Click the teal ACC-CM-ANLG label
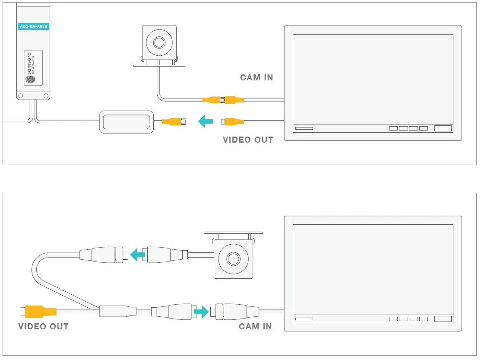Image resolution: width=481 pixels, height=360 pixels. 34,26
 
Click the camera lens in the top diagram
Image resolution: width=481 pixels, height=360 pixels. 159,42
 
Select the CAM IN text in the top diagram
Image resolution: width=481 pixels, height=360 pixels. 256,78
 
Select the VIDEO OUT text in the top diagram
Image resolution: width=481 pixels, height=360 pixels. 248,140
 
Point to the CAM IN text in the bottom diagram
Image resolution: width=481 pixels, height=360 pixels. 255,326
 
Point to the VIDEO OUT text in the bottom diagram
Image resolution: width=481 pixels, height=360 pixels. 44,326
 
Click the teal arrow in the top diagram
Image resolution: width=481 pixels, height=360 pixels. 206,121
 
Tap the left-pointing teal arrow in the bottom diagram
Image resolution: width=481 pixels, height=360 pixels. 138,254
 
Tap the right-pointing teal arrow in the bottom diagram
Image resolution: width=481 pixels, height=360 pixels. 201,311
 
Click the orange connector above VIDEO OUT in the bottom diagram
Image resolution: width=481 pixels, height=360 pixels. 40,311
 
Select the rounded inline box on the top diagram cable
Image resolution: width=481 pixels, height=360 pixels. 127,122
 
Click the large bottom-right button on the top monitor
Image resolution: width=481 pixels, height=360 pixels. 443,128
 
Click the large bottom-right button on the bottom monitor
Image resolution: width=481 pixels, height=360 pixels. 443,319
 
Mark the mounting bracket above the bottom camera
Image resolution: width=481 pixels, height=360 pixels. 233,233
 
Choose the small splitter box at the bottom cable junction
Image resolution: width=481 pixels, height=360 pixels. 117,311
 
